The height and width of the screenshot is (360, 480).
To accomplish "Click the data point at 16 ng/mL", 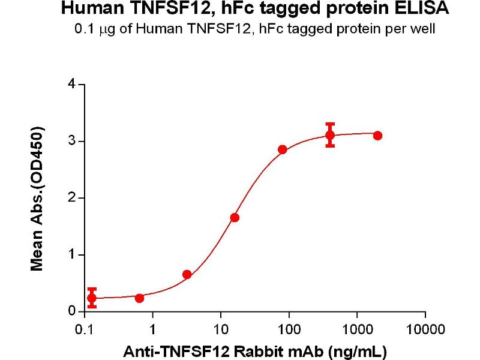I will click(x=235, y=217).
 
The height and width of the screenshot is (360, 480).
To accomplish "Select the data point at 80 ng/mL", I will click(x=283, y=149).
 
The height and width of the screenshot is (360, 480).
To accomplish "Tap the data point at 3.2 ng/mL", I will click(x=187, y=274).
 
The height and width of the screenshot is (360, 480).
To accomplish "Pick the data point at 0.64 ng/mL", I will click(x=139, y=298).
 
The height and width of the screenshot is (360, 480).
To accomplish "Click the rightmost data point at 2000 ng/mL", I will click(x=377, y=136).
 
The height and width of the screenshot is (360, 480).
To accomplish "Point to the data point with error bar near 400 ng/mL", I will click(x=330, y=135).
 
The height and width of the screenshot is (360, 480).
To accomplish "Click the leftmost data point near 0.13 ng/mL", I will click(x=91, y=298).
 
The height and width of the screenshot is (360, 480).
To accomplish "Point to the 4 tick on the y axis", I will click(x=72, y=85).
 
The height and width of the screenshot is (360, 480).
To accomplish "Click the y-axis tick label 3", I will click(x=72, y=142).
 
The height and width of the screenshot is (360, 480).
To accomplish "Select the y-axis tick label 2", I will click(x=72, y=198).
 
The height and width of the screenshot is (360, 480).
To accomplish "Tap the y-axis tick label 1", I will click(x=72, y=255).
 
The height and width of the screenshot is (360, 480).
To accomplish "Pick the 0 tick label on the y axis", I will click(x=72, y=311).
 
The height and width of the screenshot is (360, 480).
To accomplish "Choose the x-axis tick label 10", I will click(x=221, y=329).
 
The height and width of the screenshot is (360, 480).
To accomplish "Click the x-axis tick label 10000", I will click(x=425, y=329).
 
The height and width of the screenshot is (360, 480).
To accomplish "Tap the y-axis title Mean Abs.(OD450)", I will click(x=37, y=199).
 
